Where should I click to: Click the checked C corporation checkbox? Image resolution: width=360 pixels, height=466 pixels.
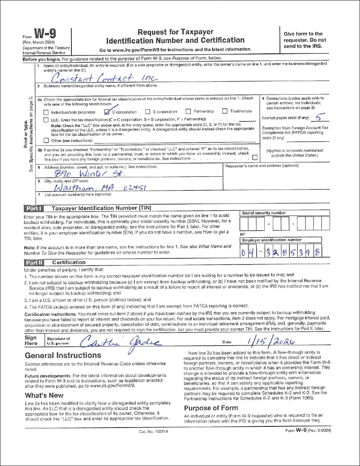coord(107,112)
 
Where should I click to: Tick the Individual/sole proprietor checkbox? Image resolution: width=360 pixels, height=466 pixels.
coord(46,112)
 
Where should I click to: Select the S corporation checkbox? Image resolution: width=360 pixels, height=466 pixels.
coord(148,112)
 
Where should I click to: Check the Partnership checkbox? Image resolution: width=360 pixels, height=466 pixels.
coord(188,112)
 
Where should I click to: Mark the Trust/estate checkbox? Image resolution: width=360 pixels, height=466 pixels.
coord(225,112)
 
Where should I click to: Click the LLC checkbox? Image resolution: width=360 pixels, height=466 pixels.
coord(46,120)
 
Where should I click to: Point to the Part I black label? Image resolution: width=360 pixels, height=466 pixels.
coord(34,208)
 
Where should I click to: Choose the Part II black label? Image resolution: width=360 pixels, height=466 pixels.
coord(34,263)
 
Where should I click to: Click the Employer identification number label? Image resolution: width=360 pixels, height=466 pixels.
coord(272,240)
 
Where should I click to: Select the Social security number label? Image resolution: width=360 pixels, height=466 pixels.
coord(264,213)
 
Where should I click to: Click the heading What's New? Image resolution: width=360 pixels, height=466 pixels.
coord(44,395)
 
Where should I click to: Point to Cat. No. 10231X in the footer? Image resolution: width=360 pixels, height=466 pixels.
coord(154,432)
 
